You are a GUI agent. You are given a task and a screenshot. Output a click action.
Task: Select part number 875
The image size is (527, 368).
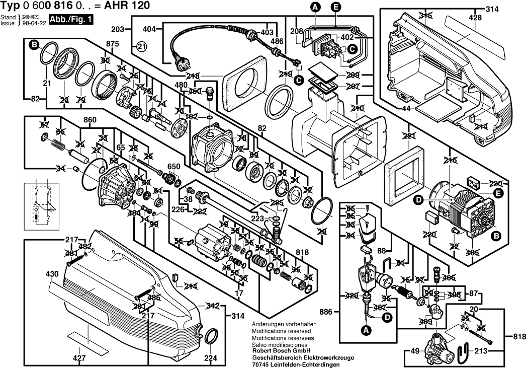[x=113, y=44]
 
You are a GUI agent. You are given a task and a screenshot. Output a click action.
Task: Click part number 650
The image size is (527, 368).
[x=173, y=167]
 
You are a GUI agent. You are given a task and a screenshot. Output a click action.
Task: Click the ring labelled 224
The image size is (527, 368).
[x=213, y=334]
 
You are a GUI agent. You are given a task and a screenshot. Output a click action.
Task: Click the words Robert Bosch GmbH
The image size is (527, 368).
[x=281, y=350]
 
